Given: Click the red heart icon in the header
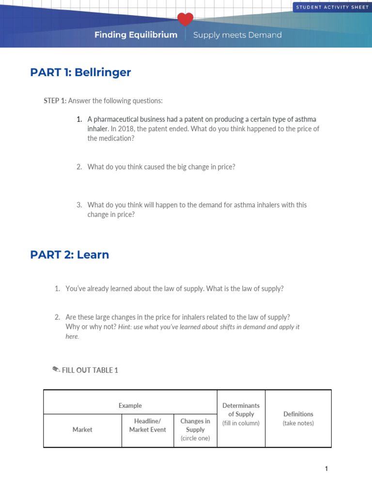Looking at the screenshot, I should [185, 20].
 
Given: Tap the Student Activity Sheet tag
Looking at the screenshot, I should [332, 7].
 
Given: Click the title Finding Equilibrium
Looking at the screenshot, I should [136, 35].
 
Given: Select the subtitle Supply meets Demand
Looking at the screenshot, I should [237, 35].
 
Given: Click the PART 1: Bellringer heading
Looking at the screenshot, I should [80, 73].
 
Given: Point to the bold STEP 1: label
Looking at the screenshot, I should [55, 101].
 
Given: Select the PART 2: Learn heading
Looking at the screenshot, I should [69, 255].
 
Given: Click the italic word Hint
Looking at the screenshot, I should [125, 327].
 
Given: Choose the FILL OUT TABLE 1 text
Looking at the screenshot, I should [90, 370].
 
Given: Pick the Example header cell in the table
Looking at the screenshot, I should [130, 405].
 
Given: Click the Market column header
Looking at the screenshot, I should [82, 430].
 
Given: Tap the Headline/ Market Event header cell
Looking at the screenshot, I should [147, 425].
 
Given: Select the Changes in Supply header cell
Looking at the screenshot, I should [195, 425].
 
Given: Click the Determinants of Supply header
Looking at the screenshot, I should [241, 410].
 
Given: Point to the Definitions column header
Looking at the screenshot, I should [298, 414].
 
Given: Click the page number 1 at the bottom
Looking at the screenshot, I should [326, 468].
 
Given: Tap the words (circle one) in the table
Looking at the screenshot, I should [195, 438].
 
